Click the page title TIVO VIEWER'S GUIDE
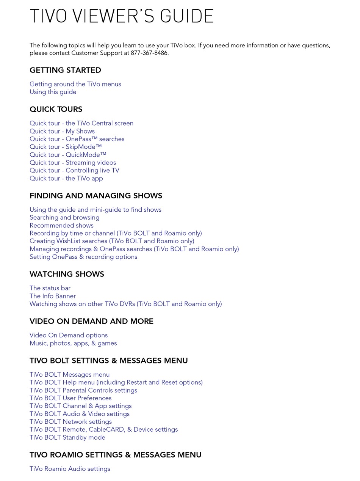[x=122, y=16]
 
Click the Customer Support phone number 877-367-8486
[x=149, y=53]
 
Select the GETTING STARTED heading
[x=65, y=70]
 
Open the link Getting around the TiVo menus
[x=75, y=84]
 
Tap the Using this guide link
[x=53, y=92]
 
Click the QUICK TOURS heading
[x=56, y=109]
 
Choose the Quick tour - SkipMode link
[x=66, y=147]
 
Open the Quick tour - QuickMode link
[x=68, y=155]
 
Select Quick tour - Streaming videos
[x=73, y=163]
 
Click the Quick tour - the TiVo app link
[x=66, y=178]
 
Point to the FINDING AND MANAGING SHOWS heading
[x=96, y=196]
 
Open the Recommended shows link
[x=61, y=225]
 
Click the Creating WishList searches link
[x=112, y=241]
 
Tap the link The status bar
[x=50, y=288]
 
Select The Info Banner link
[x=53, y=296]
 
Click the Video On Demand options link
[x=69, y=335]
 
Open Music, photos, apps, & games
[x=73, y=343]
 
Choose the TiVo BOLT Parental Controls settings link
[x=83, y=390]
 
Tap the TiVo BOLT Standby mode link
[x=67, y=437]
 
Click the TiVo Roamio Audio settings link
[x=70, y=469]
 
